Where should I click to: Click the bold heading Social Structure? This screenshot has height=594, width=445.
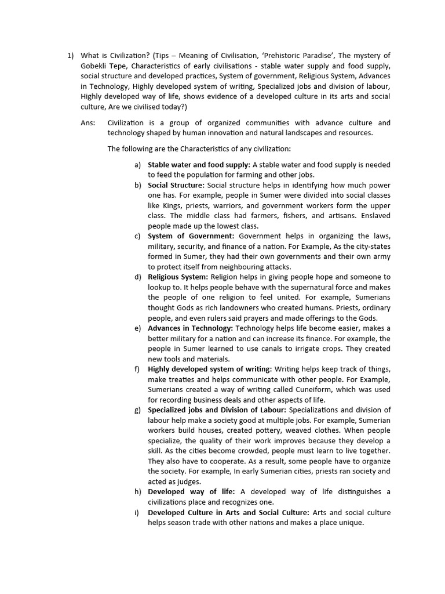pyautogui.click(x=172, y=185)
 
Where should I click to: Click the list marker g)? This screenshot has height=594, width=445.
pyautogui.click(x=137, y=410)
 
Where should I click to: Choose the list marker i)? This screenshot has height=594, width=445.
pyautogui.click(x=138, y=512)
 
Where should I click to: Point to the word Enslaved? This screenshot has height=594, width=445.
pyautogui.click(x=373, y=216)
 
